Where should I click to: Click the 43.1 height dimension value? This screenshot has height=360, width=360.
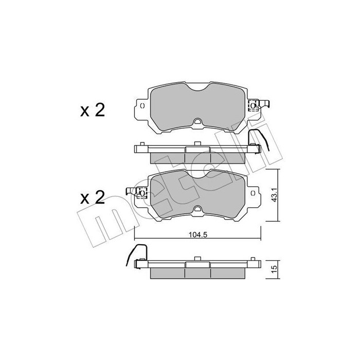[274, 195]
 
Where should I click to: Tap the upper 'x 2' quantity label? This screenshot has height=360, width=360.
[93, 111]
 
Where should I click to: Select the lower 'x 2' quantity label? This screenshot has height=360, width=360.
[93, 197]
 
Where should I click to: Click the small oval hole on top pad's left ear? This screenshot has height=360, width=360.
[142, 105]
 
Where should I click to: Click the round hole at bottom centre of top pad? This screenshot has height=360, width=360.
[197, 121]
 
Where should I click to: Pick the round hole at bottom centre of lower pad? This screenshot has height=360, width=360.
[197, 209]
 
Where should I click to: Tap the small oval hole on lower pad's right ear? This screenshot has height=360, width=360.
[253, 193]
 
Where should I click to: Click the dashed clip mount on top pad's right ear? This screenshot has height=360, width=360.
[254, 105]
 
